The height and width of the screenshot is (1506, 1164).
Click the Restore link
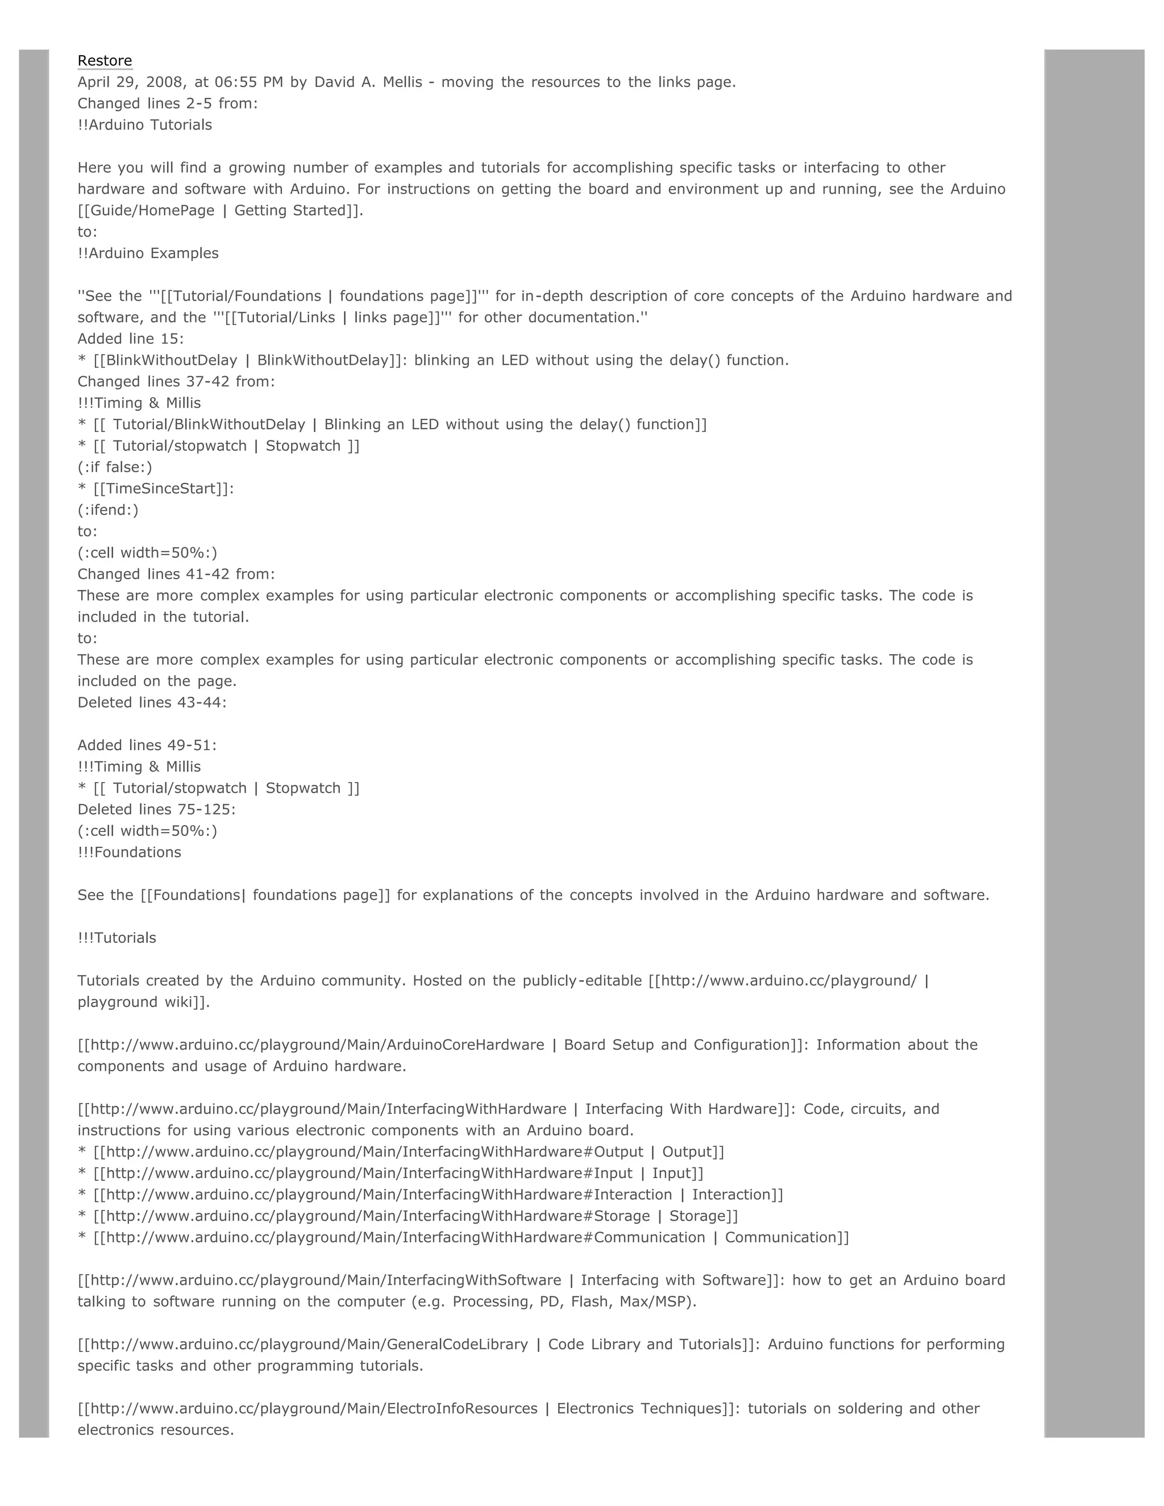104,61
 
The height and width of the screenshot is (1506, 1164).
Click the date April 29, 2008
131,82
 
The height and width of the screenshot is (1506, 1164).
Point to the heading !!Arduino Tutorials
145,125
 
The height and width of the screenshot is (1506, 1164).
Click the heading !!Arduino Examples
148,253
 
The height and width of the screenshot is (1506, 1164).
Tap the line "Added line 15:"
130,339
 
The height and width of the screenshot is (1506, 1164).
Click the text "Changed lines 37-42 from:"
176,381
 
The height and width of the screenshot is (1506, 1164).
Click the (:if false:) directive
114,467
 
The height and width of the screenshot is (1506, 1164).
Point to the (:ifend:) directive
107,510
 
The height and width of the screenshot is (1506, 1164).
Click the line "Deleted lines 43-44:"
152,702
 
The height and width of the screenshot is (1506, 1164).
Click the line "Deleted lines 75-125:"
156,809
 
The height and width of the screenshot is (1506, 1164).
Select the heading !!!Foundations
129,852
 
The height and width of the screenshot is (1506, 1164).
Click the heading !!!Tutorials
117,937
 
